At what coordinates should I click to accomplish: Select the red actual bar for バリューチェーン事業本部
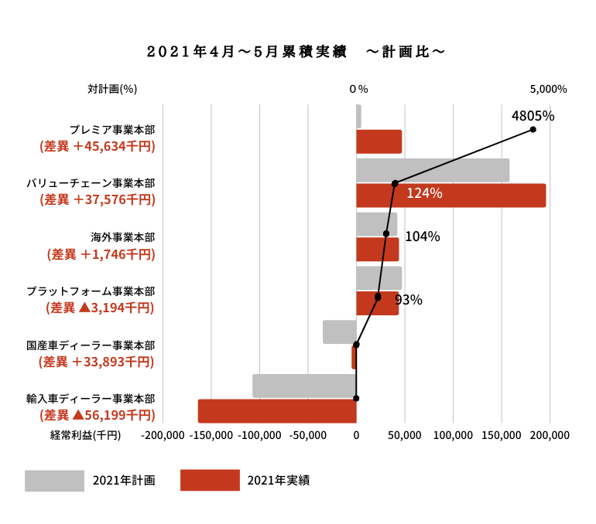coord(450,196)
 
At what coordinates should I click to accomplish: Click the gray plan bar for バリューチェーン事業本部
coord(433,170)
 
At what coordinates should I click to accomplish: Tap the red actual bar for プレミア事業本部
coord(378,141)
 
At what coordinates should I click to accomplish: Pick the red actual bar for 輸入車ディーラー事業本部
coord(277,411)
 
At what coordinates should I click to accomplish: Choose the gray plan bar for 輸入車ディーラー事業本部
coord(304,386)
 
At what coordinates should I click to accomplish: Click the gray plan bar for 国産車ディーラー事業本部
coord(339,332)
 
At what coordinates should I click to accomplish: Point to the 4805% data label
coord(533,116)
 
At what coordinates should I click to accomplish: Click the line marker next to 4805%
coord(533,130)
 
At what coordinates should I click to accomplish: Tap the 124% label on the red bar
coord(424,193)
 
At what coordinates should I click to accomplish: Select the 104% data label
coord(422,236)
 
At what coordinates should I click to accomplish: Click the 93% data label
coord(408,300)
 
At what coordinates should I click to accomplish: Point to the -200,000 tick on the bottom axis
coord(163,435)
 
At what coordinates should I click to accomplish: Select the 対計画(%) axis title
coord(112,89)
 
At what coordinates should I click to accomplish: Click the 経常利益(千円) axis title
coord(86,435)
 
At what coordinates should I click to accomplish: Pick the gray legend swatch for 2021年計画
coord(54,480)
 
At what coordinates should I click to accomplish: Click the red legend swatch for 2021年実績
coord(210,480)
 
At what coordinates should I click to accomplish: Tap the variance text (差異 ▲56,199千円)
coord(97,415)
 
